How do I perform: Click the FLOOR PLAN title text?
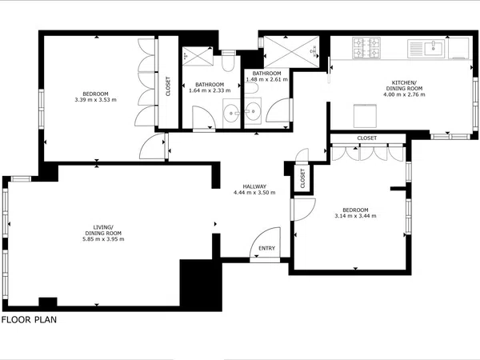(x=29, y=320)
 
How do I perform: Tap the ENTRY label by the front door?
(x=266, y=248)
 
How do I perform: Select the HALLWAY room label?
(x=254, y=186)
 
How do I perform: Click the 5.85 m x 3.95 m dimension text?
(x=103, y=239)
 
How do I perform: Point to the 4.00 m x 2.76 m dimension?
(x=404, y=94)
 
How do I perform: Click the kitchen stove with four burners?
(x=366, y=48)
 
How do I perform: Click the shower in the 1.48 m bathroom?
(x=291, y=51)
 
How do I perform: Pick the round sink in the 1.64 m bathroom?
(x=231, y=113)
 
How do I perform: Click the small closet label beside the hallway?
(x=302, y=178)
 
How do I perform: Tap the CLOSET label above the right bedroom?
(x=366, y=138)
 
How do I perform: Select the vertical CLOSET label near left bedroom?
(x=168, y=86)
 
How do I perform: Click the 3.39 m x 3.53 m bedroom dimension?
(x=95, y=100)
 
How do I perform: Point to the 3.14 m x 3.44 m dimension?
(x=355, y=216)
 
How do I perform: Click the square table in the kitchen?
(x=366, y=116)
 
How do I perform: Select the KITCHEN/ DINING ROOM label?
(x=404, y=86)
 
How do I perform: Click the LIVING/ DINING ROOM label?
(x=103, y=230)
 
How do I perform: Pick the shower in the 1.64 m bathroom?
(x=198, y=56)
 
